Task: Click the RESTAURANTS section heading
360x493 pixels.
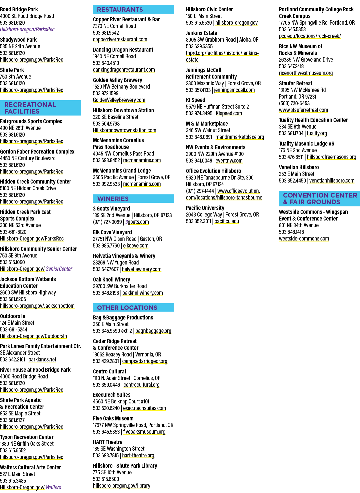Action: click(120, 9)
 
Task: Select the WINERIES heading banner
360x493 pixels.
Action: click(133, 199)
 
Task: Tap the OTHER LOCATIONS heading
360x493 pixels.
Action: click(127, 307)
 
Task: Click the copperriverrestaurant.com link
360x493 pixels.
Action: click(120, 39)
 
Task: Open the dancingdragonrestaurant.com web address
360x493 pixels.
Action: click(124, 70)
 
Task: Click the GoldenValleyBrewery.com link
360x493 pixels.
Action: click(119, 100)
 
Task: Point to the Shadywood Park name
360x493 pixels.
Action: click(18, 40)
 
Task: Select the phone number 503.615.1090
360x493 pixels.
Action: click(12, 262)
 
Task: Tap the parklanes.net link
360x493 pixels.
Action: click(42, 359)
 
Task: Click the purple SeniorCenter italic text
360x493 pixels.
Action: click(59, 269)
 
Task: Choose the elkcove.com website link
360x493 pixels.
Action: click(136, 246)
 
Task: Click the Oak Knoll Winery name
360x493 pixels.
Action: click(111, 279)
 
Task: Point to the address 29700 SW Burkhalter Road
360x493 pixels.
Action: click(120, 286)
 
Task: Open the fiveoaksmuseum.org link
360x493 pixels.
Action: click(144, 432)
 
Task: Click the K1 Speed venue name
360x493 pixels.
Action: click(196, 100)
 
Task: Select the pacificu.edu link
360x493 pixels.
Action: click(227, 221)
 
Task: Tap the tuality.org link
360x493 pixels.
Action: click(317, 133)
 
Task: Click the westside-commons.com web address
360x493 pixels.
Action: click(304, 239)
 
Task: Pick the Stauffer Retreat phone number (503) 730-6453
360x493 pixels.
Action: click(294, 103)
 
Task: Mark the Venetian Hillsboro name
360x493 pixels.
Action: click(299, 167)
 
